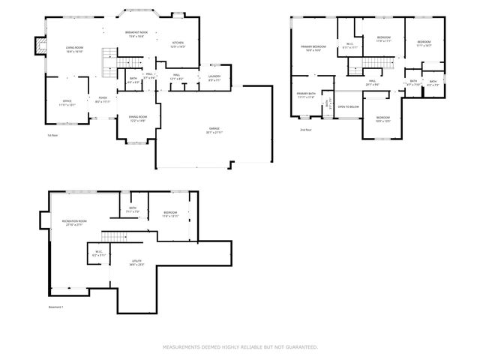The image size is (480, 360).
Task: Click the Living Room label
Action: pyautogui.click(x=74, y=49)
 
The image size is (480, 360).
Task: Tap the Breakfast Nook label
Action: pyautogui.click(x=136, y=34)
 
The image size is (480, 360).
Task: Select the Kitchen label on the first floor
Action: pyautogui.click(x=178, y=44)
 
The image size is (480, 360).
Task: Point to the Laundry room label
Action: pyautogui.click(x=214, y=78)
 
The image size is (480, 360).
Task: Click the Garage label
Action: pyautogui.click(x=214, y=130)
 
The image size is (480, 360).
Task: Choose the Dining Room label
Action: pyautogui.click(x=137, y=118)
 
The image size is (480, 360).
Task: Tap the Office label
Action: pyautogui.click(x=67, y=103)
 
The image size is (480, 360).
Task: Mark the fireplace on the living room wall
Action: pyautogui.click(x=35, y=48)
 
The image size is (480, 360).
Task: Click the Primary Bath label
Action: pyautogui.click(x=305, y=95)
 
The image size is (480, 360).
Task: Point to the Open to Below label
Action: pyautogui.click(x=349, y=106)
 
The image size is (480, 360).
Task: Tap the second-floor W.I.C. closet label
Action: pyautogui.click(x=349, y=45)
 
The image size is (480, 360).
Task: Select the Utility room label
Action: pyautogui.click(x=136, y=262)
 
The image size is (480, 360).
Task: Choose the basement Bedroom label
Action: pyautogui.click(x=170, y=214)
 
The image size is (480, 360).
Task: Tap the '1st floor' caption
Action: pyautogui.click(x=52, y=135)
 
